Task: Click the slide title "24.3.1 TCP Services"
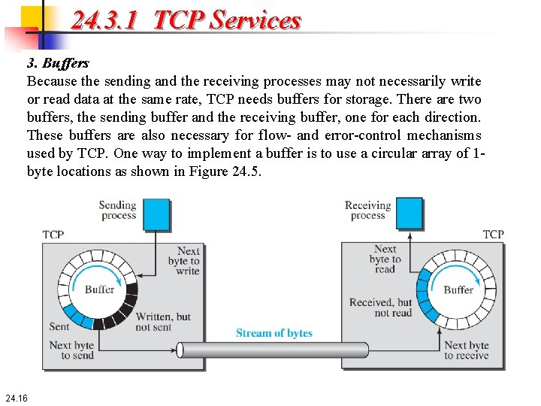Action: click(x=186, y=20)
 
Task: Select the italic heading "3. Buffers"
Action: click(x=58, y=63)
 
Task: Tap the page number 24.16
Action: click(x=16, y=397)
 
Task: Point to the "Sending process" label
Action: click(x=118, y=210)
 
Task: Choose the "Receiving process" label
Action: click(x=367, y=210)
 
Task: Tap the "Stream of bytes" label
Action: click(x=274, y=333)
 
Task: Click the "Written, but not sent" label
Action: click(x=162, y=322)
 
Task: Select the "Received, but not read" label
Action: click(x=381, y=308)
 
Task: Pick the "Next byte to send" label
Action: click(x=72, y=350)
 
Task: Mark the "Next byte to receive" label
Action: click(x=466, y=350)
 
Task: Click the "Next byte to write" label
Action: click(x=185, y=261)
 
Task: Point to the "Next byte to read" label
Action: click(x=385, y=259)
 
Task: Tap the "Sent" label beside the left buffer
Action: click(x=59, y=326)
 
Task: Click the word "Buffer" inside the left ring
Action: click(x=99, y=289)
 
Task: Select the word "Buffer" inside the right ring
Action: click(x=458, y=289)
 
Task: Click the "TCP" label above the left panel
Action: click(x=53, y=235)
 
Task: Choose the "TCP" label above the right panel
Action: click(x=493, y=235)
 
